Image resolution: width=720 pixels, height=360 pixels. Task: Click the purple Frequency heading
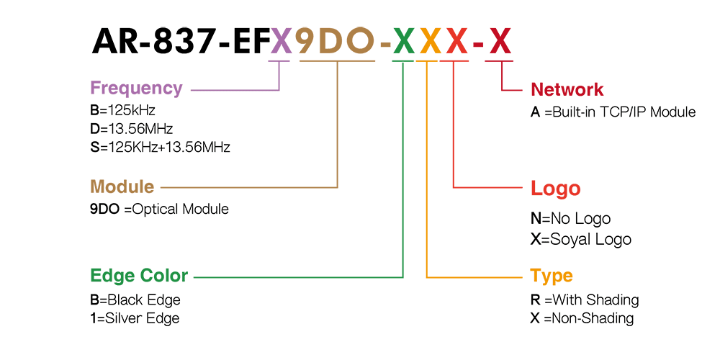point(136,88)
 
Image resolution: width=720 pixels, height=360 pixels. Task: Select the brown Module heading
point(122,187)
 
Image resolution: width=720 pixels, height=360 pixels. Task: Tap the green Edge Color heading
point(139,276)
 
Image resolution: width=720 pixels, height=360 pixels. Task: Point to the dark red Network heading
point(567,89)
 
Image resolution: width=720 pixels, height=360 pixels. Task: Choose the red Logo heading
point(556,188)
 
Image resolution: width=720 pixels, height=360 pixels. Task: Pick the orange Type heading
point(552,276)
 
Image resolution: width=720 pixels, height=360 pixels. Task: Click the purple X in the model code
point(281,41)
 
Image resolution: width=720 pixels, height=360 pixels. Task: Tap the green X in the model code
point(404,41)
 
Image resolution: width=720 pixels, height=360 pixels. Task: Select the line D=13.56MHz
point(132,129)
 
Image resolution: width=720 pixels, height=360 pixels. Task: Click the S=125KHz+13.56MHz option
point(161,148)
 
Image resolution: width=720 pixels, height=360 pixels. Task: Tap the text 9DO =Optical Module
point(159,210)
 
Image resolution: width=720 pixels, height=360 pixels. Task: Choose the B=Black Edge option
point(135,300)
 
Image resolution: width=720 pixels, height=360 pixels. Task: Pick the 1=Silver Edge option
point(135,318)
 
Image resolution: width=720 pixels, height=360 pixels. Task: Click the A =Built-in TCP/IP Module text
point(613,112)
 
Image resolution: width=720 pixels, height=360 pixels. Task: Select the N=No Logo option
point(571,219)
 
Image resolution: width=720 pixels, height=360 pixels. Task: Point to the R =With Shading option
point(585,300)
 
